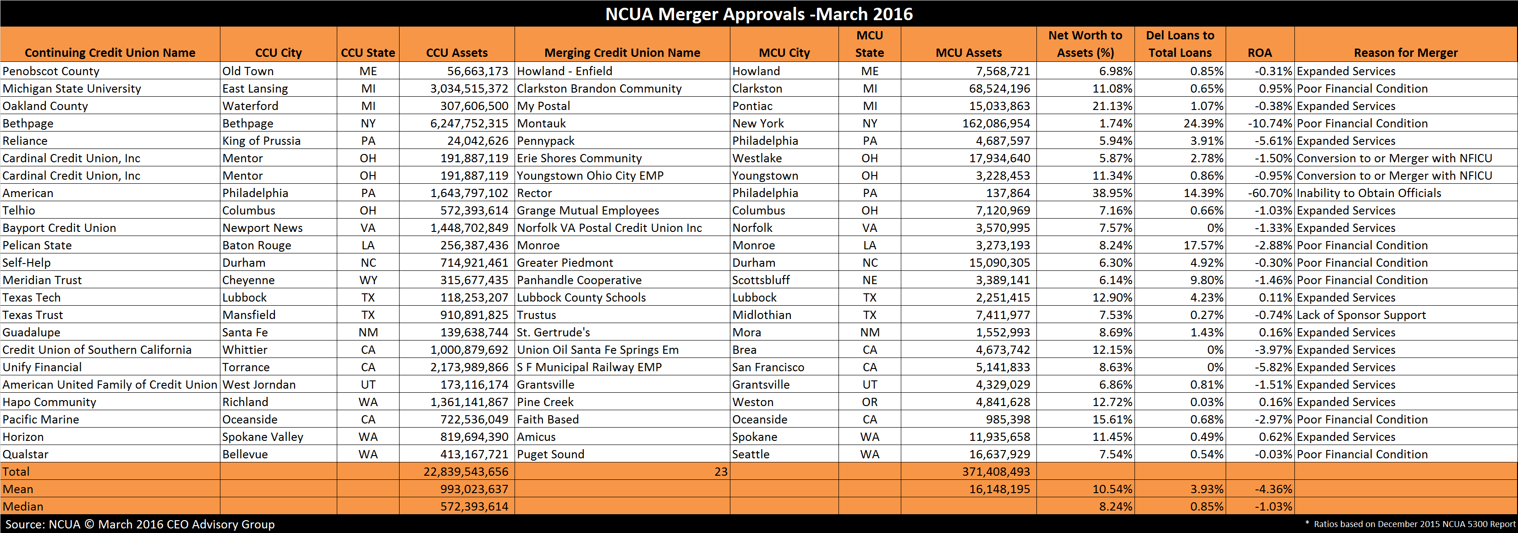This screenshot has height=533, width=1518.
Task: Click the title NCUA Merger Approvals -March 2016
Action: coord(759,14)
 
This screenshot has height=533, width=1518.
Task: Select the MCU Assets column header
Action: coord(968,52)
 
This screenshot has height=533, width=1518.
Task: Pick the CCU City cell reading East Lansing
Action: coord(255,89)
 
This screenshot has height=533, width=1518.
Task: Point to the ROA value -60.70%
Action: coord(1269,193)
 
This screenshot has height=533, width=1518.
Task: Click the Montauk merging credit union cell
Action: coord(541,123)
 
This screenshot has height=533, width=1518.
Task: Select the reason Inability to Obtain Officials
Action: coord(1369,193)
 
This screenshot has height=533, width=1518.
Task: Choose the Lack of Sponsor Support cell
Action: coord(1361,315)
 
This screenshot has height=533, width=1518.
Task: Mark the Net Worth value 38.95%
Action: coord(1112,193)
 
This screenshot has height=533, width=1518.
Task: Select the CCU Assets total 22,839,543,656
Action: coord(466,472)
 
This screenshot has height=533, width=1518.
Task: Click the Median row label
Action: coord(23,506)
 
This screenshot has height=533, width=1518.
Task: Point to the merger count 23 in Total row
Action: coord(721,472)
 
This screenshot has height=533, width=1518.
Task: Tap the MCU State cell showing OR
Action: coord(870,402)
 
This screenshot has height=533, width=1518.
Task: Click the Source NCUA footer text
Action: coord(140,524)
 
